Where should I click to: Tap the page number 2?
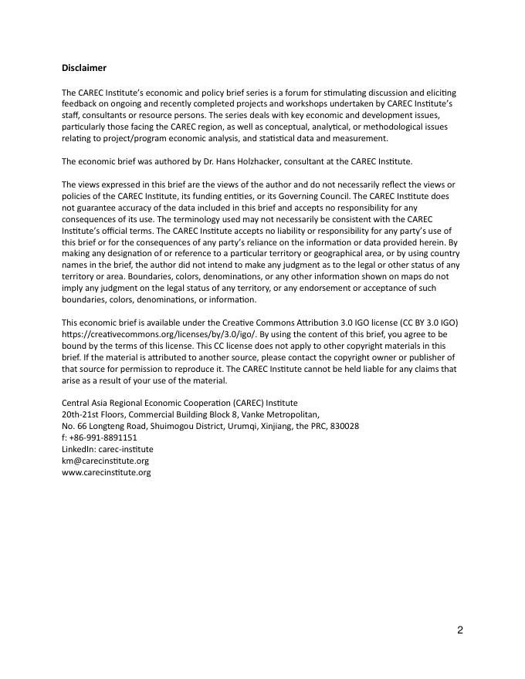[459, 630]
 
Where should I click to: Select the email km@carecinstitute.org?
[105, 461]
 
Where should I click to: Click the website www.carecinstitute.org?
[106, 472]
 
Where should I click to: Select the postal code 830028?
[342, 426]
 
